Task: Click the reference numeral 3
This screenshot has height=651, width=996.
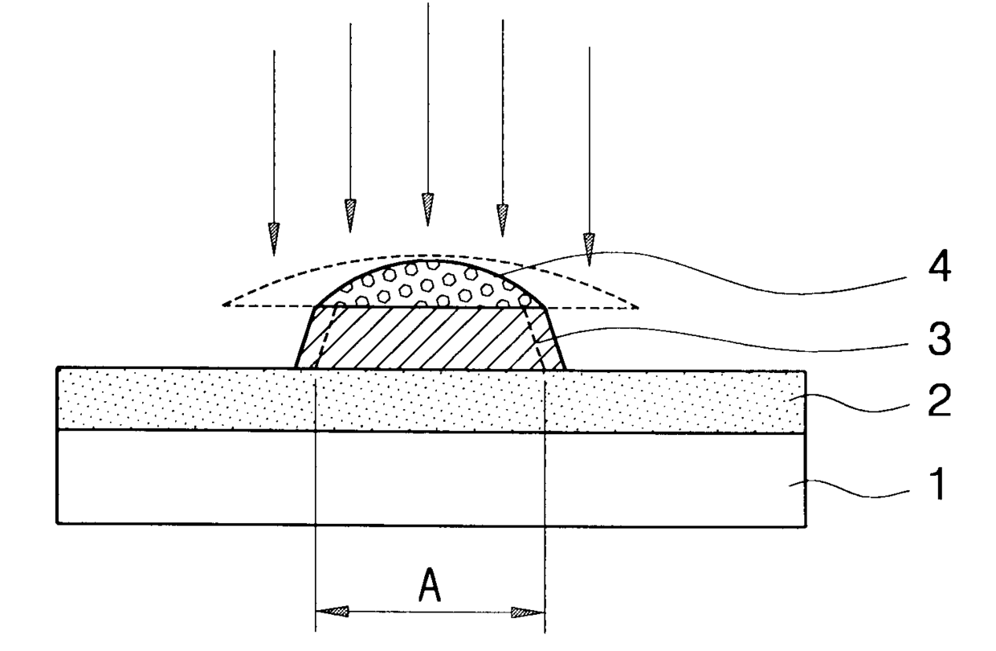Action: pos(940,339)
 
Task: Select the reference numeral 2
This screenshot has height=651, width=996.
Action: pos(939,401)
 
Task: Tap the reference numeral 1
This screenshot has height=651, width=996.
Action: pos(937,484)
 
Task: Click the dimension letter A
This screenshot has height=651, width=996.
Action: pos(430,584)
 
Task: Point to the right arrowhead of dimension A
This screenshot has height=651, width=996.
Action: pos(529,612)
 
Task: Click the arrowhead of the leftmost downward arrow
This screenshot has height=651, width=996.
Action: pos(274,239)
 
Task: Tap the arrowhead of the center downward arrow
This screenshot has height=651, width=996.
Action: pos(428,210)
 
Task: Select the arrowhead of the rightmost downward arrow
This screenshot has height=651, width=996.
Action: pos(590,250)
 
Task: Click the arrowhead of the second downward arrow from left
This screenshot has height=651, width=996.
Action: pos(350,216)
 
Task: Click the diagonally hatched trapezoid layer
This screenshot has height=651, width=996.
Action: pos(431,338)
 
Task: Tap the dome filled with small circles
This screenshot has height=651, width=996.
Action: pos(431,285)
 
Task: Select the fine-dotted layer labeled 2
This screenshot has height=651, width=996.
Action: pos(431,400)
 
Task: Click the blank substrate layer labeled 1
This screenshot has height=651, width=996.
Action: pos(431,478)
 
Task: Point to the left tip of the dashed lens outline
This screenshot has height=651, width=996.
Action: pos(222,305)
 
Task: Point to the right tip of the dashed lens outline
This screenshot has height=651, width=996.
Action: pos(639,308)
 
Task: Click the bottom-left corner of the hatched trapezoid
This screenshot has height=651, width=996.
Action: pos(296,368)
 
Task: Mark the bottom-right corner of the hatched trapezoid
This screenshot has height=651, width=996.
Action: pos(566,370)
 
